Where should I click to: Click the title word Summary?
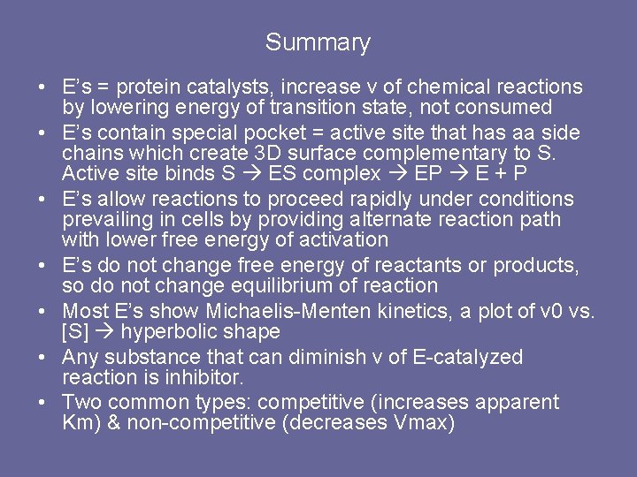[318, 42]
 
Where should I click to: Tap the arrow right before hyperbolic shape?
[106, 332]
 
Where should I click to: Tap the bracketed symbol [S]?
[75, 332]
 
